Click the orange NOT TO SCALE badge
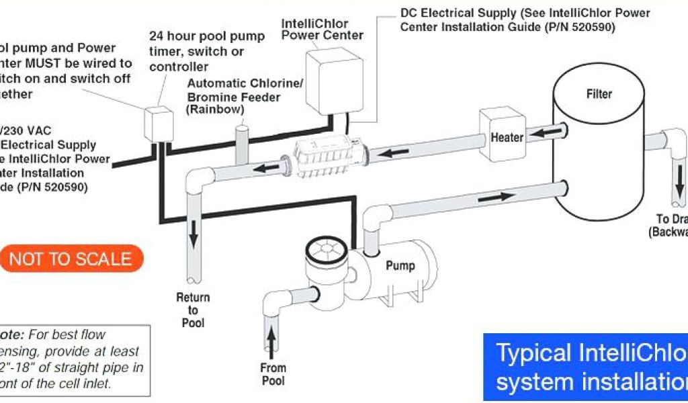pos(71,259)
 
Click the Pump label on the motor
pos(400,265)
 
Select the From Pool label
pos(273,374)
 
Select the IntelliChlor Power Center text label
pos(322,30)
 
